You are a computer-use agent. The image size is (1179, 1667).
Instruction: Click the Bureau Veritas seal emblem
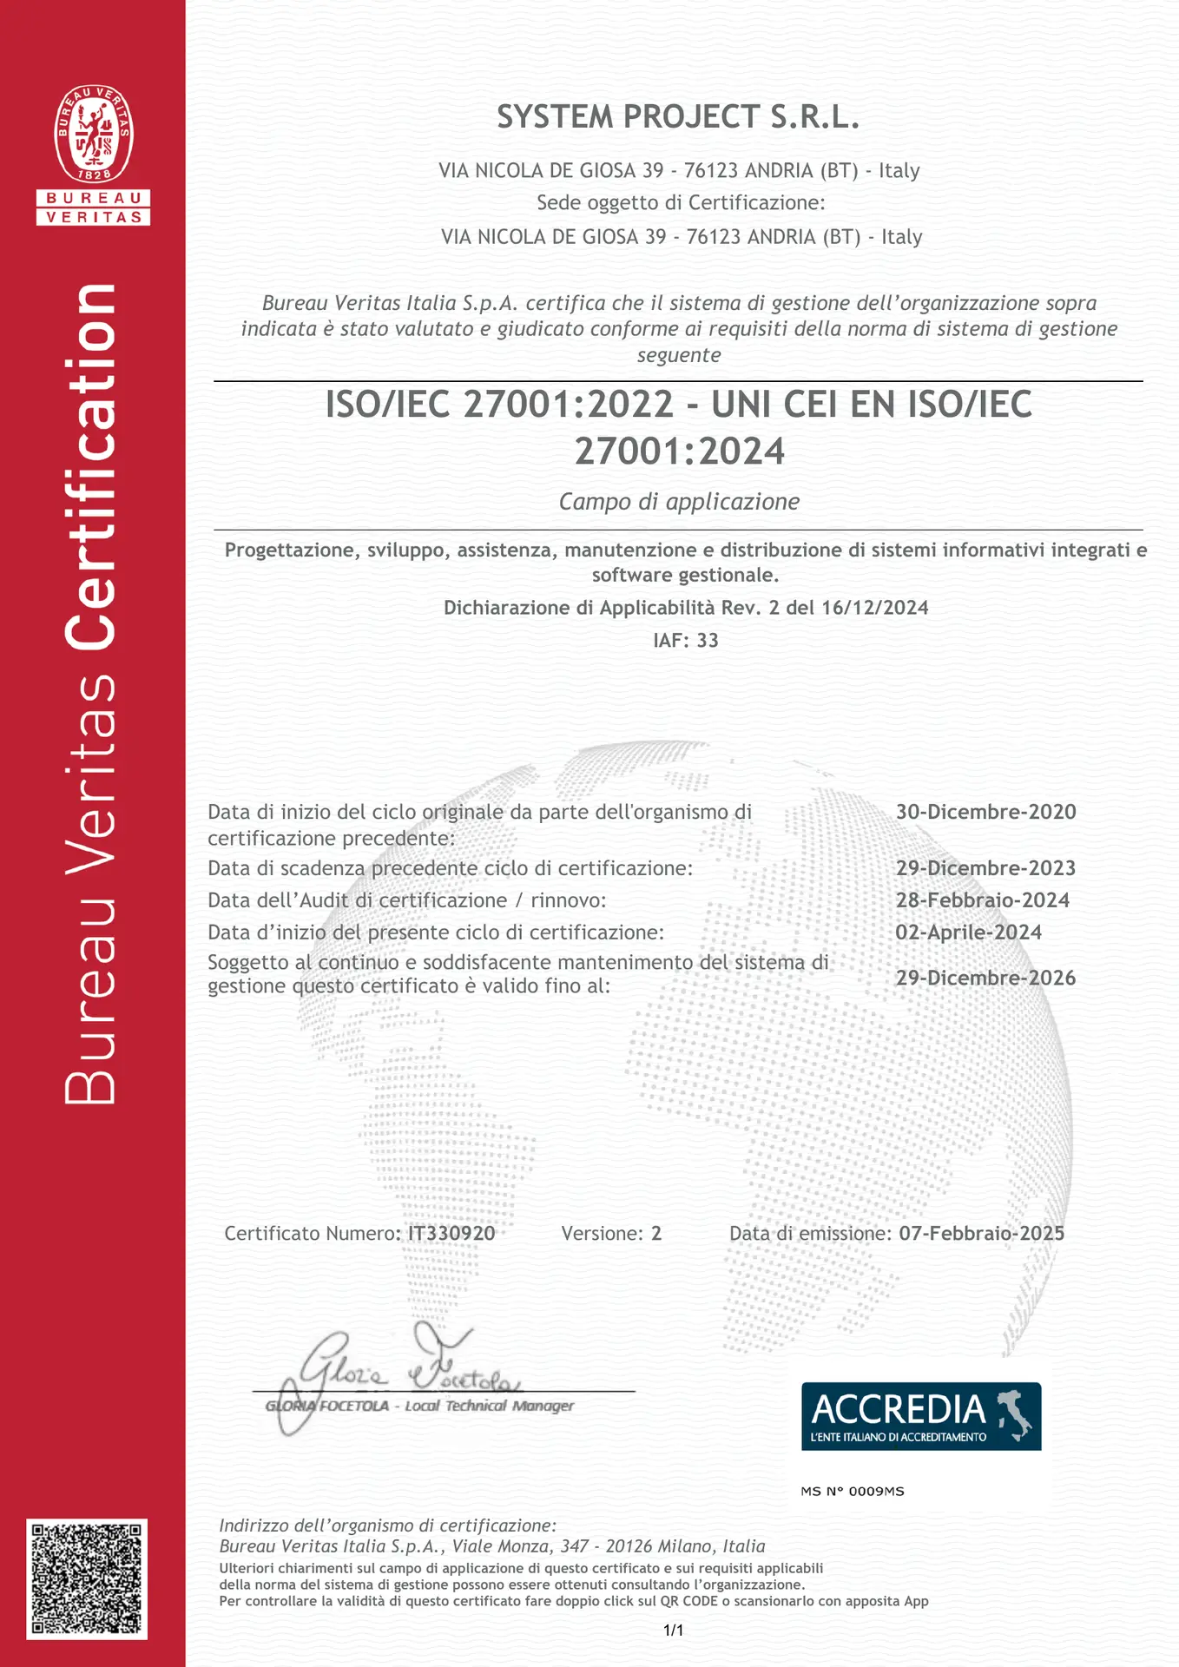[x=94, y=134]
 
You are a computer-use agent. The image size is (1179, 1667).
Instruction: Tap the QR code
[x=87, y=1578]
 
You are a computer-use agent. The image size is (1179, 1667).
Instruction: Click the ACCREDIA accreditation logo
[x=920, y=1416]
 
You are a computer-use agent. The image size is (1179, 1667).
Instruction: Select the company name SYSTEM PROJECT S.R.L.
[x=678, y=116]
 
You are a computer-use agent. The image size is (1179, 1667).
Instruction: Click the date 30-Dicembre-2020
[x=985, y=812]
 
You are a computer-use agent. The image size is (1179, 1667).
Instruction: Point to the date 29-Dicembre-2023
[x=985, y=868]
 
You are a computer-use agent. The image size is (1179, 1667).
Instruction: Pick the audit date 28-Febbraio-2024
[x=982, y=900]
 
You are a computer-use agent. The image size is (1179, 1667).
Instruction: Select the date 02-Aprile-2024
[x=968, y=932]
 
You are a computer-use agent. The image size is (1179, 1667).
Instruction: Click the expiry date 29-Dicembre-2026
[x=985, y=978]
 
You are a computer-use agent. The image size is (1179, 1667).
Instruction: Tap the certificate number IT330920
[x=451, y=1233]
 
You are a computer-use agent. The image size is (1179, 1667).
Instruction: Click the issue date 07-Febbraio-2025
[x=981, y=1233]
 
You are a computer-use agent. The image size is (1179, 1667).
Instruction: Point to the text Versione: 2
[x=611, y=1233]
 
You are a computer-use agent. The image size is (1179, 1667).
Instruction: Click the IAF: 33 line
[x=686, y=641]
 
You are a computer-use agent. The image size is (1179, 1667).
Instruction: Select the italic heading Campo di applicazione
[x=679, y=502]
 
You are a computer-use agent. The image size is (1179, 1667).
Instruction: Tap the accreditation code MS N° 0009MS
[x=852, y=1492]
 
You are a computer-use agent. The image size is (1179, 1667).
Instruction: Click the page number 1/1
[x=673, y=1631]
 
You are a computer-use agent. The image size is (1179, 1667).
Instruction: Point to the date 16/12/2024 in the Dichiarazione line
[x=874, y=608]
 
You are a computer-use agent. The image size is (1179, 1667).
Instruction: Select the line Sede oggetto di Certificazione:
[x=681, y=203]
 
